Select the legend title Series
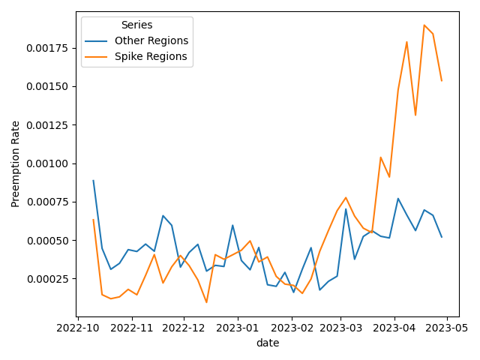[x=136, y=25]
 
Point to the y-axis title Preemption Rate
[x=16, y=163]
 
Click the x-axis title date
[x=267, y=343]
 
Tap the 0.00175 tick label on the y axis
[x=46, y=48]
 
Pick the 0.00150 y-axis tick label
[x=46, y=86]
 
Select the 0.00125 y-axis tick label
[x=46, y=124]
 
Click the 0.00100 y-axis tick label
[x=46, y=163]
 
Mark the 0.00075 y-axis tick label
[x=46, y=202]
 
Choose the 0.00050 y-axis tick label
[x=46, y=240]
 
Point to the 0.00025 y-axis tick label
[x=46, y=279]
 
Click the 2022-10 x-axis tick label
[x=79, y=327]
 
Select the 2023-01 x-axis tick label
[x=238, y=327]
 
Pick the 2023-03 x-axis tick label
[x=340, y=327]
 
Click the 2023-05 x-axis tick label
[x=447, y=327]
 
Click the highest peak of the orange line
[x=424, y=25]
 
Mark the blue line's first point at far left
[x=93, y=180]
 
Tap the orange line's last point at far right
[x=442, y=81]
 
